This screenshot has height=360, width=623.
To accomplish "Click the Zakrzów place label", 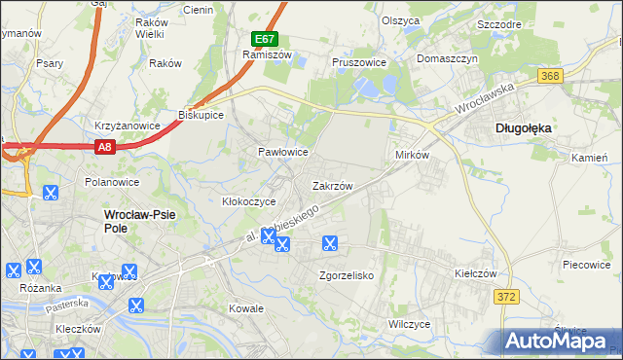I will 332,185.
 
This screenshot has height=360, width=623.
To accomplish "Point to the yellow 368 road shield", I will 551,75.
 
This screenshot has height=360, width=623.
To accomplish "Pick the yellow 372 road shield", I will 505,297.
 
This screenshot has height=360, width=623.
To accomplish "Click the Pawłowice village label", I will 282,153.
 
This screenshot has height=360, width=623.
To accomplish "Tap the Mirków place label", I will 413,156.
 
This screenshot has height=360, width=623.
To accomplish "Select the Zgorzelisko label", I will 347,275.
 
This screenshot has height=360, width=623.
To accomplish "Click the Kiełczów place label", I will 476,274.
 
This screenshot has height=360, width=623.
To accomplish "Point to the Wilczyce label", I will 409,323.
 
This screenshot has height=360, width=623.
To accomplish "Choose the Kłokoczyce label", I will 249,201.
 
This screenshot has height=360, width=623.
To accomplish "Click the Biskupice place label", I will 202,114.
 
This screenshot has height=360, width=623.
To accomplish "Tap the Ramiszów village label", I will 262,55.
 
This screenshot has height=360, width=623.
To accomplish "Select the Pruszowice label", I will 359,62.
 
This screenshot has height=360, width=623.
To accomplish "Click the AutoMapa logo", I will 560,342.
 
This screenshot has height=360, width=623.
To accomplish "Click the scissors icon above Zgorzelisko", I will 330,243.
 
